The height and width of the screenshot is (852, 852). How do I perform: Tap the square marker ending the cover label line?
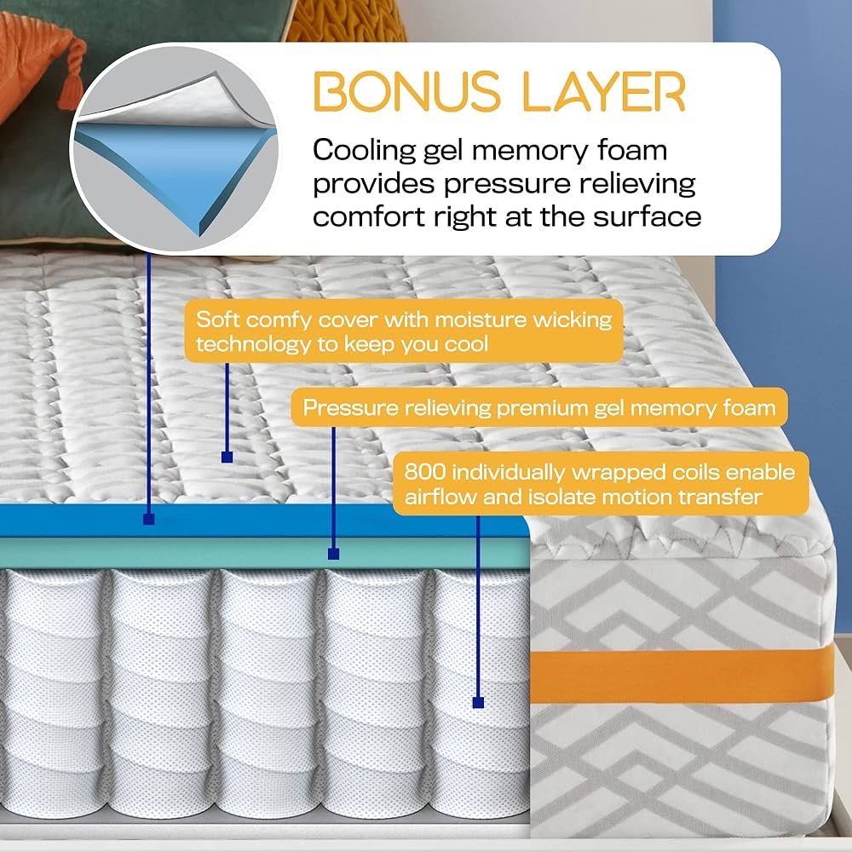(x=227, y=458)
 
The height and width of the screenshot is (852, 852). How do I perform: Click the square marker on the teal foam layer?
(x=334, y=554)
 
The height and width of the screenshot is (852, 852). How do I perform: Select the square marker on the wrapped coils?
(x=478, y=703)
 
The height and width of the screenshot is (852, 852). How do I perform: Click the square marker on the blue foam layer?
(x=149, y=517)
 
